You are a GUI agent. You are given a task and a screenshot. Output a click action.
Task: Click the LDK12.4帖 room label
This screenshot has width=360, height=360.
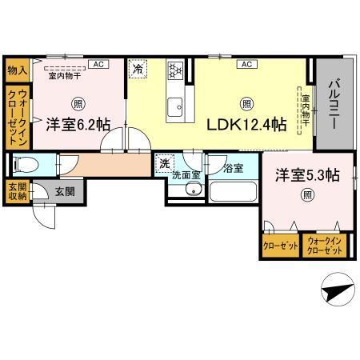[x=247, y=125]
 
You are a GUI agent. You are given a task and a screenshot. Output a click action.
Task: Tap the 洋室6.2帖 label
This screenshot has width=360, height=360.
[x=77, y=124]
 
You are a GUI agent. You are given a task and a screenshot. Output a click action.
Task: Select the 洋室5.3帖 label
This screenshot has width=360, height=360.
[x=307, y=174]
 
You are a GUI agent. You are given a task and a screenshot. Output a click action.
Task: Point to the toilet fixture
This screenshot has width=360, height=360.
[x=26, y=165]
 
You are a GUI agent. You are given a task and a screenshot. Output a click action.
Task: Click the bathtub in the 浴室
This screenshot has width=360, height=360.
[x=232, y=193]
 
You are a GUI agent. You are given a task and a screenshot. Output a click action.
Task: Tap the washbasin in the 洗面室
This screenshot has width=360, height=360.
[x=192, y=189]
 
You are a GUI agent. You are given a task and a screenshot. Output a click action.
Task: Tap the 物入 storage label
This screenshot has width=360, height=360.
[x=16, y=70]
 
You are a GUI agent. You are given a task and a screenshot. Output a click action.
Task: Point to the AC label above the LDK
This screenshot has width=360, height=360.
[x=246, y=64]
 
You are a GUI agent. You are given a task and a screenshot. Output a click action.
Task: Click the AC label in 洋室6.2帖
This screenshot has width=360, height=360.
[x=98, y=64]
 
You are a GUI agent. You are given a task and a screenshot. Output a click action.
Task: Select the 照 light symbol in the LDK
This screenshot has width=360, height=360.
[x=246, y=103]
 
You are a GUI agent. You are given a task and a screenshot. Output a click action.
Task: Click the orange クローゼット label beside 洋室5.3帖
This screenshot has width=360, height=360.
[x=279, y=246]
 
